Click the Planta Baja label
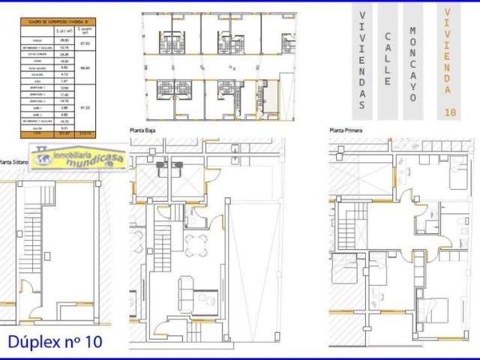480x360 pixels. (144, 129)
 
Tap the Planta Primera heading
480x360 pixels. (346, 129)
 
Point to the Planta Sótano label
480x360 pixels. (15, 160)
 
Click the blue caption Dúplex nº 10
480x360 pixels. (54, 341)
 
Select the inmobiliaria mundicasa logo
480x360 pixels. (78, 159)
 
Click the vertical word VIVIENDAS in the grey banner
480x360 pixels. (362, 60)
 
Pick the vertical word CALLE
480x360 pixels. (388, 60)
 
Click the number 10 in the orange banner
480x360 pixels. (448, 112)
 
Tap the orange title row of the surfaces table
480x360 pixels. (56, 22)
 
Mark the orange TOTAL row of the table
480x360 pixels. (56, 134)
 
